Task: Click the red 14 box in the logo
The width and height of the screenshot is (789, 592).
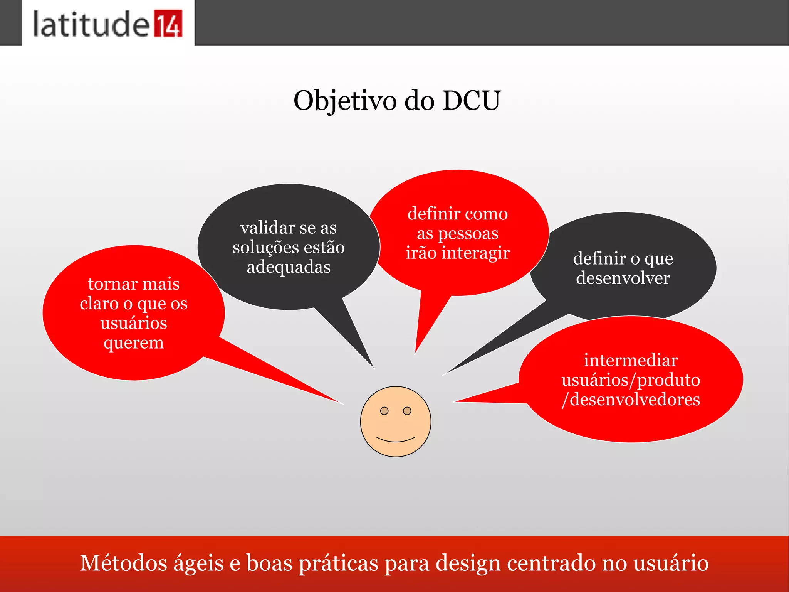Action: click(x=168, y=24)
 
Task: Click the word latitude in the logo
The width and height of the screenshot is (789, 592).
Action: click(x=91, y=24)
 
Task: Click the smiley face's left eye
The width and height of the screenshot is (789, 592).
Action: click(x=384, y=411)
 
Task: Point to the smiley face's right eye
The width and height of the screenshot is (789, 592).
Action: click(x=407, y=411)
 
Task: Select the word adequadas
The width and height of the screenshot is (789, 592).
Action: click(x=289, y=267)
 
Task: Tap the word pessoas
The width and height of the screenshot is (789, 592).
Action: click(x=468, y=234)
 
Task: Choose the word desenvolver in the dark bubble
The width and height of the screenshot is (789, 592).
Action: click(x=623, y=278)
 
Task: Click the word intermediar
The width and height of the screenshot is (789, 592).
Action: click(x=631, y=360)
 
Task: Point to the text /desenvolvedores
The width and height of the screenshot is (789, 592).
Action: click(x=631, y=400)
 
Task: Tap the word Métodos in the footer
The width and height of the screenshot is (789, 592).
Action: click(x=123, y=563)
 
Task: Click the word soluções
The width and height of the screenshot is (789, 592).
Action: click(x=260, y=248)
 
